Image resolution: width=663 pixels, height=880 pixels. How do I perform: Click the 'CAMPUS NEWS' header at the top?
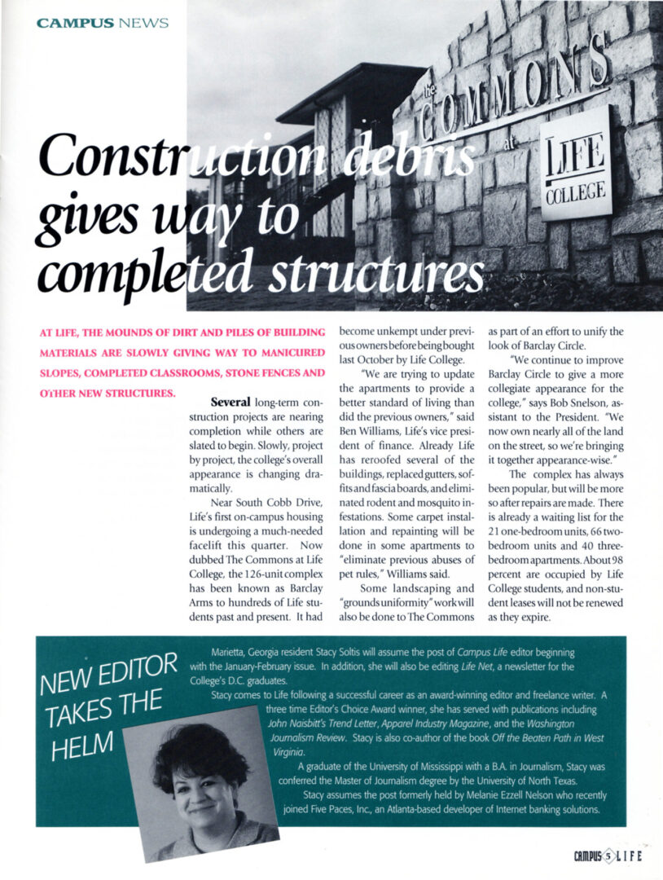(102, 22)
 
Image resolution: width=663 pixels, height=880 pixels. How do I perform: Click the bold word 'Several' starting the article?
(230, 402)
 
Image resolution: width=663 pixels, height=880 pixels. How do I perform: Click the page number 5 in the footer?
(606, 856)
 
